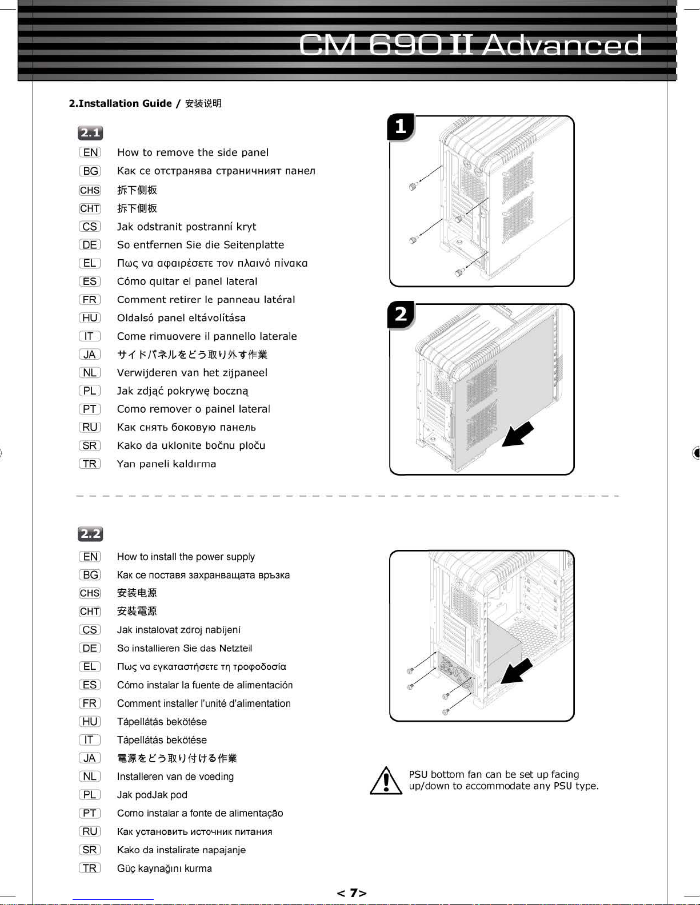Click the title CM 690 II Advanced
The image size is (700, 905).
click(470, 45)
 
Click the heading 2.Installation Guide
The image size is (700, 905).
click(120, 103)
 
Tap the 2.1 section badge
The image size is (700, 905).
click(90, 133)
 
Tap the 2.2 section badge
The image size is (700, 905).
click(90, 534)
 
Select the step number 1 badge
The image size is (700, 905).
click(401, 126)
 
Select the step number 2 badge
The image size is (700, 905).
click(401, 315)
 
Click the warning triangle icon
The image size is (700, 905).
click(386, 781)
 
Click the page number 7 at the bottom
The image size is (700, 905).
click(352, 892)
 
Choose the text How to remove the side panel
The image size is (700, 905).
click(193, 152)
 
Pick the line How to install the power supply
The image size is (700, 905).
click(186, 557)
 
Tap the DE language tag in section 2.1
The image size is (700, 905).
click(90, 245)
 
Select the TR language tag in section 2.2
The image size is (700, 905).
click(90, 868)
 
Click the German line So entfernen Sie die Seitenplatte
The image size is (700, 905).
click(201, 245)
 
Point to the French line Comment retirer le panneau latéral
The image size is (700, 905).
click(206, 300)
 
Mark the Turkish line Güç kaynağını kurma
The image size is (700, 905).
click(165, 868)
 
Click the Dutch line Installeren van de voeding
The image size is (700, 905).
click(175, 777)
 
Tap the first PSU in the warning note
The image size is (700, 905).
click(418, 775)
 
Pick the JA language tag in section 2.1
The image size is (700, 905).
click(90, 355)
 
